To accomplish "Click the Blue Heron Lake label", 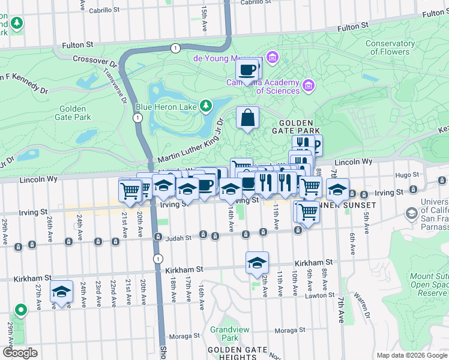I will [x=166, y=107].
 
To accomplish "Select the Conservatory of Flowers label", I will [x=395, y=47].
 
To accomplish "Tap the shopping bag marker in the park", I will [x=247, y=118].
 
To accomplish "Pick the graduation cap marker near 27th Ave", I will [x=61, y=292].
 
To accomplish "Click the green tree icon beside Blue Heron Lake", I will [x=206, y=106].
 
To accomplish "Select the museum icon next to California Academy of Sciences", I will [x=309, y=86].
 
